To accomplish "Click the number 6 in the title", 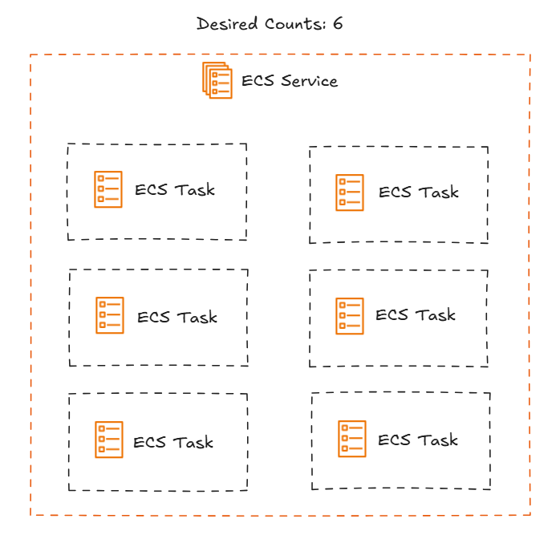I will tap(338, 22).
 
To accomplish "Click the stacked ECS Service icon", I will tap(217, 80).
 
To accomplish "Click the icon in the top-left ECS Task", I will tap(108, 189).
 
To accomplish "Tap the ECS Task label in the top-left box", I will tap(175, 190).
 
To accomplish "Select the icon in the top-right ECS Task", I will tap(350, 192).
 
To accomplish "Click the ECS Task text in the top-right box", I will tap(418, 192).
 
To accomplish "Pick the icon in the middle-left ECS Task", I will tap(110, 315).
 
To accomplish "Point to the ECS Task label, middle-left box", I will tap(177, 317).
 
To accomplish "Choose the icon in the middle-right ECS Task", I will tap(350, 315).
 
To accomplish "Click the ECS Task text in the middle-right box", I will tap(416, 315).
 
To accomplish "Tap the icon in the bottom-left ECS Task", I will tap(108, 440).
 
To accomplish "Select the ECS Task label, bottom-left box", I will tap(173, 442).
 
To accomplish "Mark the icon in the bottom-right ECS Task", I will tap(351, 439).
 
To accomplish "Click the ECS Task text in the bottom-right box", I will tap(418, 440).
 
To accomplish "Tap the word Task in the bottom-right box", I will tap(438, 440).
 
